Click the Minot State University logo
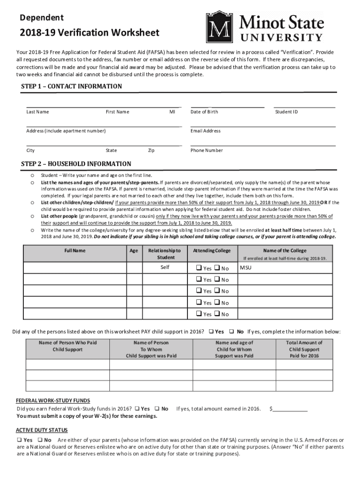click(x=264, y=28)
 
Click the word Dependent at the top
click(x=42, y=18)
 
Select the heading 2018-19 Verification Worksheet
click(x=89, y=33)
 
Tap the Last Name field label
click(x=37, y=112)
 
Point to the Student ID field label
click(x=286, y=112)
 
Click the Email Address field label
click(x=205, y=131)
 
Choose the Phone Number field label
click(x=207, y=151)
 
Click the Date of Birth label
click(x=204, y=112)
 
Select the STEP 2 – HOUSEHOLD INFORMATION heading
click(x=76, y=164)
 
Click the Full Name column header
click(x=75, y=251)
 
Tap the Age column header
click(x=134, y=251)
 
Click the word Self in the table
click(x=165, y=268)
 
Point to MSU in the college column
click(x=245, y=268)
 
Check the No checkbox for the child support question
click(x=232, y=332)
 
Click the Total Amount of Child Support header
click(x=304, y=349)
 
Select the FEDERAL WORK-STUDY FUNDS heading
click(x=53, y=401)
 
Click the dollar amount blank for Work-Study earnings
click(x=290, y=408)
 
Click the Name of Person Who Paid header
click(x=68, y=346)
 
